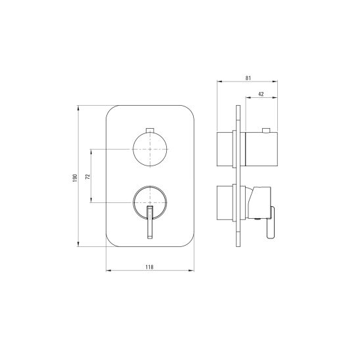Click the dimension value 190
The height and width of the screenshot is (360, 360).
(x=75, y=178)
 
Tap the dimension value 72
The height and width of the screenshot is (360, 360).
(x=88, y=176)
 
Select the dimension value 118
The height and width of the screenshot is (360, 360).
(x=150, y=267)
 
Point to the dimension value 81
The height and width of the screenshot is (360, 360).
(x=248, y=78)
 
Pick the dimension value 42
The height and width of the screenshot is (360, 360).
(x=261, y=94)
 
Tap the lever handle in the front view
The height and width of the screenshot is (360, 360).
(x=150, y=222)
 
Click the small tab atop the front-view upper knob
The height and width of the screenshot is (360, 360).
(x=150, y=130)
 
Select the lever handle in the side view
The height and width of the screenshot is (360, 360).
(x=271, y=223)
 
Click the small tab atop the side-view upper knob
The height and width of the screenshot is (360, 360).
(x=266, y=131)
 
